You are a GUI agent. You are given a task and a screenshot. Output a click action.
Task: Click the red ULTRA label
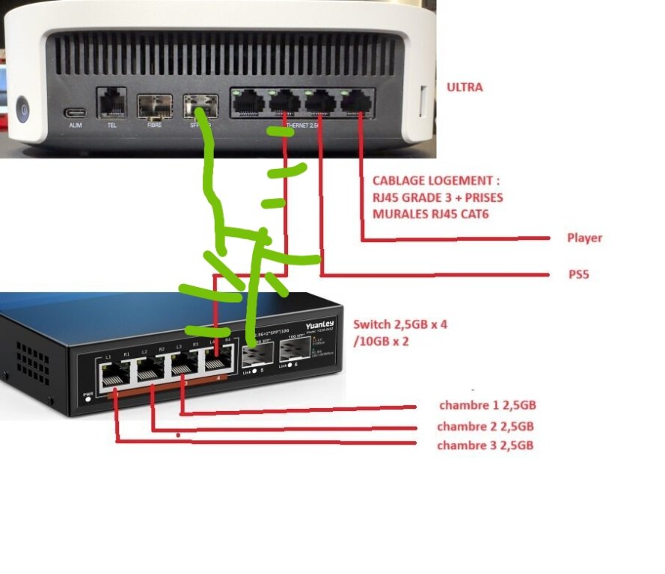point(464,87)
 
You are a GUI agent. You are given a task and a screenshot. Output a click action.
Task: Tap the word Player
point(584,238)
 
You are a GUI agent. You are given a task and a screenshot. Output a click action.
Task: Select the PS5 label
point(578,274)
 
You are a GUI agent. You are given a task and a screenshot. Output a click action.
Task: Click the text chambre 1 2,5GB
point(487,405)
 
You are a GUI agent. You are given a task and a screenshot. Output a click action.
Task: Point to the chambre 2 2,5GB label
point(485,427)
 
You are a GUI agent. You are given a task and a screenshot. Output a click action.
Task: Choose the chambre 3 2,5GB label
point(485,445)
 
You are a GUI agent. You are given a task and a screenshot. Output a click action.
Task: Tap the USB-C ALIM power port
point(76,114)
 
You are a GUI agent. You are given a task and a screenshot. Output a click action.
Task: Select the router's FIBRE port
point(155,106)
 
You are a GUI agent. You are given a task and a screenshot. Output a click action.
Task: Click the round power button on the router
point(24,111)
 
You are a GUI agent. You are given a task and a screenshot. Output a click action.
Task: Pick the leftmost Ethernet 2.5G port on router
point(247,101)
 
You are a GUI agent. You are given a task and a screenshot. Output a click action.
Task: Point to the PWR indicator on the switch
point(89,396)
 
